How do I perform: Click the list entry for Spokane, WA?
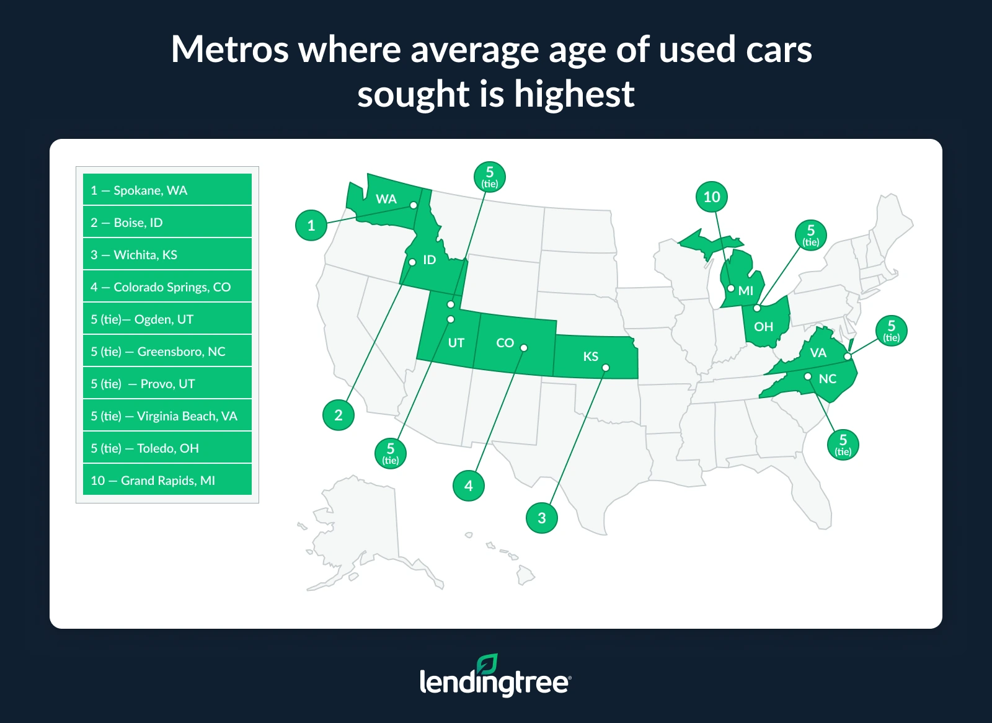(x=167, y=190)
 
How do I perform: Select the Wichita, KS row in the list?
(x=167, y=254)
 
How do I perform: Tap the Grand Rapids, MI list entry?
(x=167, y=480)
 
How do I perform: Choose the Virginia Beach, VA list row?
(x=167, y=415)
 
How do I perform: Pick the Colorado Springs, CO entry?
(x=167, y=286)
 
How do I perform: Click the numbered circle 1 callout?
(x=311, y=225)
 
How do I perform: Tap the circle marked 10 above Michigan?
(x=712, y=197)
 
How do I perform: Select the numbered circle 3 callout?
(x=542, y=518)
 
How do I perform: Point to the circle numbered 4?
(x=469, y=486)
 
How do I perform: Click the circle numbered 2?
(x=339, y=415)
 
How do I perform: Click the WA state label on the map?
(x=386, y=199)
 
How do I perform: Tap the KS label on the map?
(x=591, y=357)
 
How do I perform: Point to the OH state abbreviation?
(x=764, y=327)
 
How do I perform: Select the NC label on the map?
(x=828, y=379)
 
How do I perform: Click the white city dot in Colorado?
(x=524, y=348)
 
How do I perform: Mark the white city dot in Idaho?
(x=412, y=262)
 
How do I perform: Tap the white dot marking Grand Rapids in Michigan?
(x=731, y=288)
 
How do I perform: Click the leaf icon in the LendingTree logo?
(x=487, y=664)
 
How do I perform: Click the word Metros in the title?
(x=229, y=50)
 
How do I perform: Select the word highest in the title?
(x=574, y=94)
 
